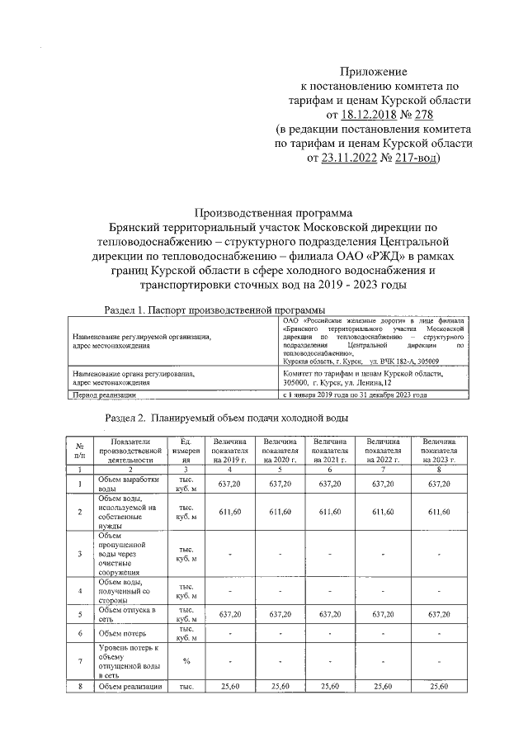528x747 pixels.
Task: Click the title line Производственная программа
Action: (272, 212)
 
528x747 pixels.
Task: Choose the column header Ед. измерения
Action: (186, 452)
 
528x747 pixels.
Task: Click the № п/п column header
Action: (79, 452)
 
